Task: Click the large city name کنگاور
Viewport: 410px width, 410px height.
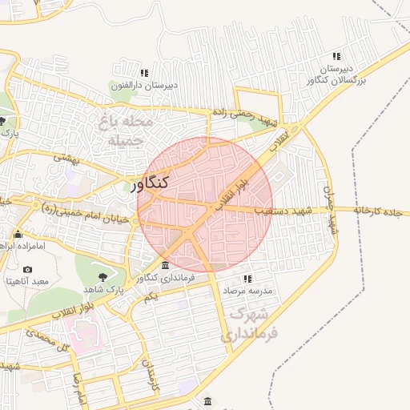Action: point(148,183)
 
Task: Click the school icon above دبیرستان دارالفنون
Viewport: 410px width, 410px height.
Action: point(144,73)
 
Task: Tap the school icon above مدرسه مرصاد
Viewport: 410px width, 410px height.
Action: point(247,279)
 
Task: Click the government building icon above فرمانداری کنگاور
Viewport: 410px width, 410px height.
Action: point(166,266)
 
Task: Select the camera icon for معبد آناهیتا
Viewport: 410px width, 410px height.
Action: point(28,270)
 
